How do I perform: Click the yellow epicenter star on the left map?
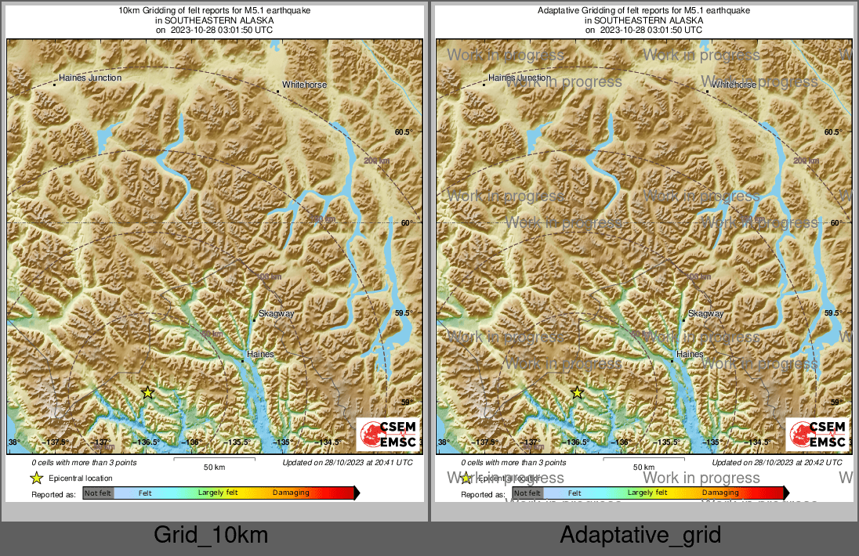tap(147, 392)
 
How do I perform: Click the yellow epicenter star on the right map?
tap(577, 392)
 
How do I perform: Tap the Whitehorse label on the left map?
tap(304, 85)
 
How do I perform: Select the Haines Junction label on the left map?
tap(90, 78)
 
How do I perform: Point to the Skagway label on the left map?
tap(277, 314)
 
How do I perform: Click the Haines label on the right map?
tap(690, 355)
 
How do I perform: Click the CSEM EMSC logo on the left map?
tap(388, 435)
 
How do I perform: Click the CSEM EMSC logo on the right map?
tap(817, 435)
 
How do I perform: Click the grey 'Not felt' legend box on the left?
tap(98, 493)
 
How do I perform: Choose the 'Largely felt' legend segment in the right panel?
tap(647, 493)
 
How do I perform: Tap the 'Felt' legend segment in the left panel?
tap(145, 493)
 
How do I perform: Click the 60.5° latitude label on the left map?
tap(402, 132)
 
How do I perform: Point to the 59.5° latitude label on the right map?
tap(832, 313)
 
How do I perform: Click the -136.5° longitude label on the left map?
tap(147, 442)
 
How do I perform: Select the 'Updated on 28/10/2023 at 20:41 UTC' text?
tap(347, 463)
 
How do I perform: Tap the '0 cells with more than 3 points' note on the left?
tap(84, 463)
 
